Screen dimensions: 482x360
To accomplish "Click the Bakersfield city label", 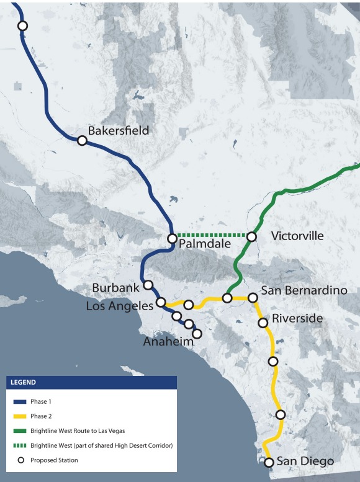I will coord(119,131).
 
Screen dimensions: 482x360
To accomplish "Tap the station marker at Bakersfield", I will coord(82,141).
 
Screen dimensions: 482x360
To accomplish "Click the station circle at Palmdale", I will coord(173,238).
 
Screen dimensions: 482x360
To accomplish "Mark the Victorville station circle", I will coord(251,236).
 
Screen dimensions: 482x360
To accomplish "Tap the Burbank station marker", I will coord(148,285).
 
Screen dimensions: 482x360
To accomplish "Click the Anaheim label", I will coord(168,342).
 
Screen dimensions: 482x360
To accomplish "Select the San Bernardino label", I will coord(304,290).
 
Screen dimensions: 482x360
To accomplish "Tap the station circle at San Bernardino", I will coord(253,298).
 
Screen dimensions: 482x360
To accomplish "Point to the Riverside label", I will coord(297,318).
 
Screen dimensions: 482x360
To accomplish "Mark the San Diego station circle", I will coord(269,462).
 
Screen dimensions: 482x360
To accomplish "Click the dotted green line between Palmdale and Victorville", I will coord(212,235).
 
